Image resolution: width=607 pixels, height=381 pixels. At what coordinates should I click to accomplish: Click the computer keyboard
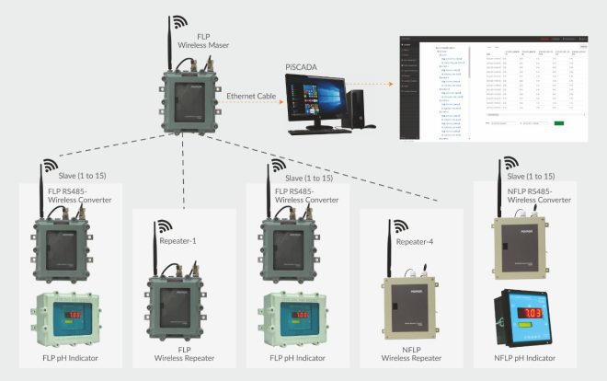click(x=313, y=132)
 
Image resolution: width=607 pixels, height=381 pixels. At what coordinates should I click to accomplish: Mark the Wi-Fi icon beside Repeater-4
click(x=401, y=226)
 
